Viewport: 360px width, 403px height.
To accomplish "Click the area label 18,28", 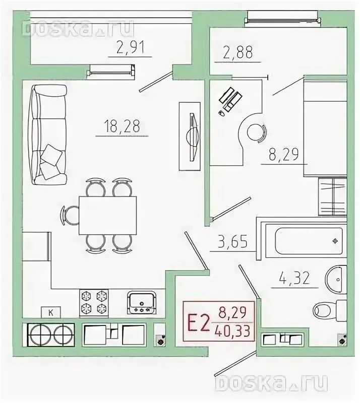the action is coord(122,126).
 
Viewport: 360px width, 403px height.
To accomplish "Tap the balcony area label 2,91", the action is coord(130,47).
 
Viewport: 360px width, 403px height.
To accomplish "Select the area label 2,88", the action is coord(238,52).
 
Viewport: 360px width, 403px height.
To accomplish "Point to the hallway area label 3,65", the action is coord(232,242).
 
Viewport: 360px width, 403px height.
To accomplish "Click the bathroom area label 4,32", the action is coord(294,278).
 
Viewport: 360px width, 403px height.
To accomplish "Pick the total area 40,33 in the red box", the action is coord(233,331).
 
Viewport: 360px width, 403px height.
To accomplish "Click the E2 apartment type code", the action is coord(198,323).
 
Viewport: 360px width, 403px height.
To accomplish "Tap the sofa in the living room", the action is coord(48,135).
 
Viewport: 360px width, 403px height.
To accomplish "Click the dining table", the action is coord(107,216).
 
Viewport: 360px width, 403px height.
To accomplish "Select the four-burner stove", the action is coord(94,302).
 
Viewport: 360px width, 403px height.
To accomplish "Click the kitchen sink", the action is coord(141,302).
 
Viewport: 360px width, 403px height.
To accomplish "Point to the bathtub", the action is coord(309,241).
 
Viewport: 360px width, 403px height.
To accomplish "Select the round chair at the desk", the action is coord(257,132).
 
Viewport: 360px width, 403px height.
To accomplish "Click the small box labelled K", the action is coord(51,313).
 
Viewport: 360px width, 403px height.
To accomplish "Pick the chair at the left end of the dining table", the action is coord(70,215).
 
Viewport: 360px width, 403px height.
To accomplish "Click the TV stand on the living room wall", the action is coord(190,136).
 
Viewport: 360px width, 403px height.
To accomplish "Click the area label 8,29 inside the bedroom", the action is coord(284,155).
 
